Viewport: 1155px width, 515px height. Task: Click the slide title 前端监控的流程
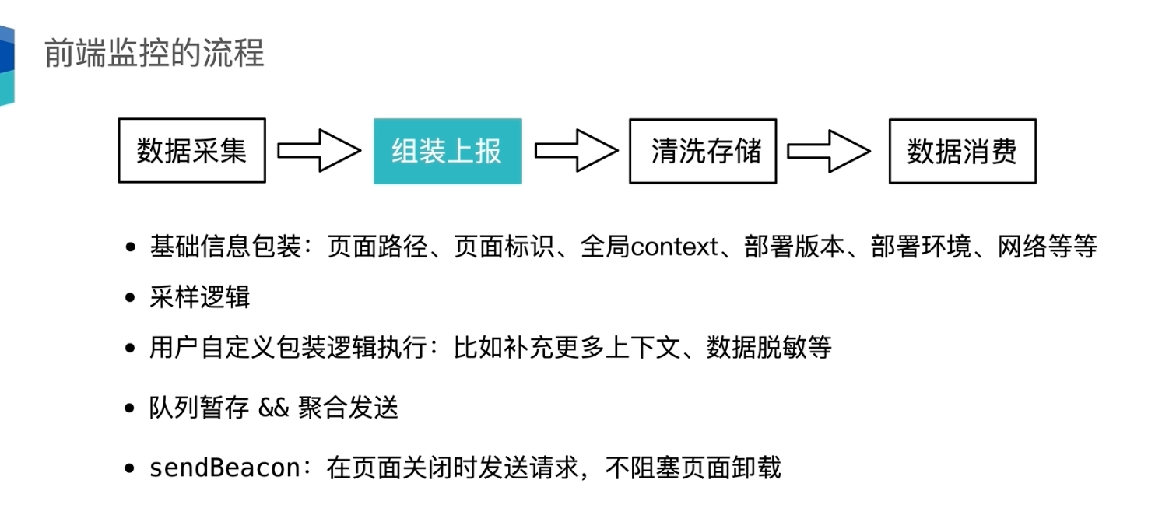pos(154,53)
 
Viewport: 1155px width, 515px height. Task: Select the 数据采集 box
pos(191,151)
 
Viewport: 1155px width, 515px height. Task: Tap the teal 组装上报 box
pos(448,151)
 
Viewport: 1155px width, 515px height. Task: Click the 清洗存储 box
pos(703,151)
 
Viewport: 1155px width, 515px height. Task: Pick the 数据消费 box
pos(962,151)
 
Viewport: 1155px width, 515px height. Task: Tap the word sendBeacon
pos(225,468)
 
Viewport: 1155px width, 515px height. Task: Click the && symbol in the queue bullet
pos(273,407)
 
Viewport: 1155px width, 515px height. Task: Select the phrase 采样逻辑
pos(200,298)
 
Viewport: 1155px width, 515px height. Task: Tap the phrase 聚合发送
pos(348,407)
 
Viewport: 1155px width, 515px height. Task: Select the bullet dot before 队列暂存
pos(131,408)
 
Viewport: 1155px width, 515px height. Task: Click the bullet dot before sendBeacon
pos(131,469)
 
